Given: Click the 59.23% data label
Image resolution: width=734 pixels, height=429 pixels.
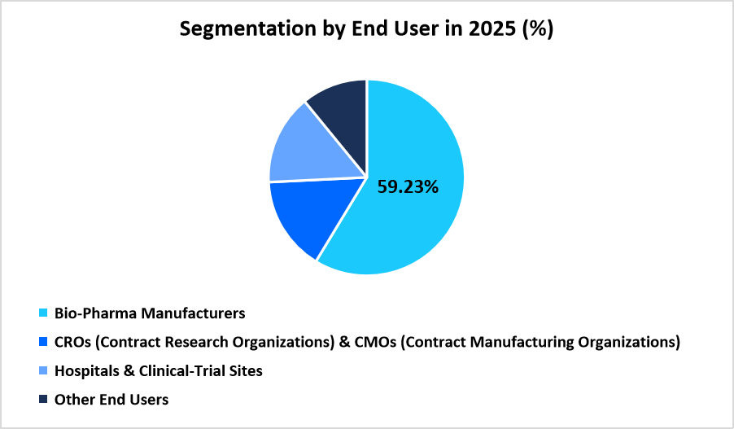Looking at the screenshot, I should point(408,186).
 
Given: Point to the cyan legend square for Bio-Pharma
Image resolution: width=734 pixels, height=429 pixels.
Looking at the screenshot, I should point(43,313).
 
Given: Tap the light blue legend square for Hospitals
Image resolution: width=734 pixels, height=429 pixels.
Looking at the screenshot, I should point(43,371).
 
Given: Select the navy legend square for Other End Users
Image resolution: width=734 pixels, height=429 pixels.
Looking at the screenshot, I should point(43,400).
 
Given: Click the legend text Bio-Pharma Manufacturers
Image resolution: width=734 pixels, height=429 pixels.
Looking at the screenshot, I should point(150,313).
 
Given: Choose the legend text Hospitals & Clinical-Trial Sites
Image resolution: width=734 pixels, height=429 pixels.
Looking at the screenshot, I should point(158,371).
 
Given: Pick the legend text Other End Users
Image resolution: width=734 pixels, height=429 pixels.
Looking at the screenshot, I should point(111,400).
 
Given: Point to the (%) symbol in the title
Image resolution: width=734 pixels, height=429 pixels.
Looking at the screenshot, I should point(538,30).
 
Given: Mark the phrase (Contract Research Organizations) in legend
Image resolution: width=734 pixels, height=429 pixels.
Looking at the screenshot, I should point(212,343).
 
